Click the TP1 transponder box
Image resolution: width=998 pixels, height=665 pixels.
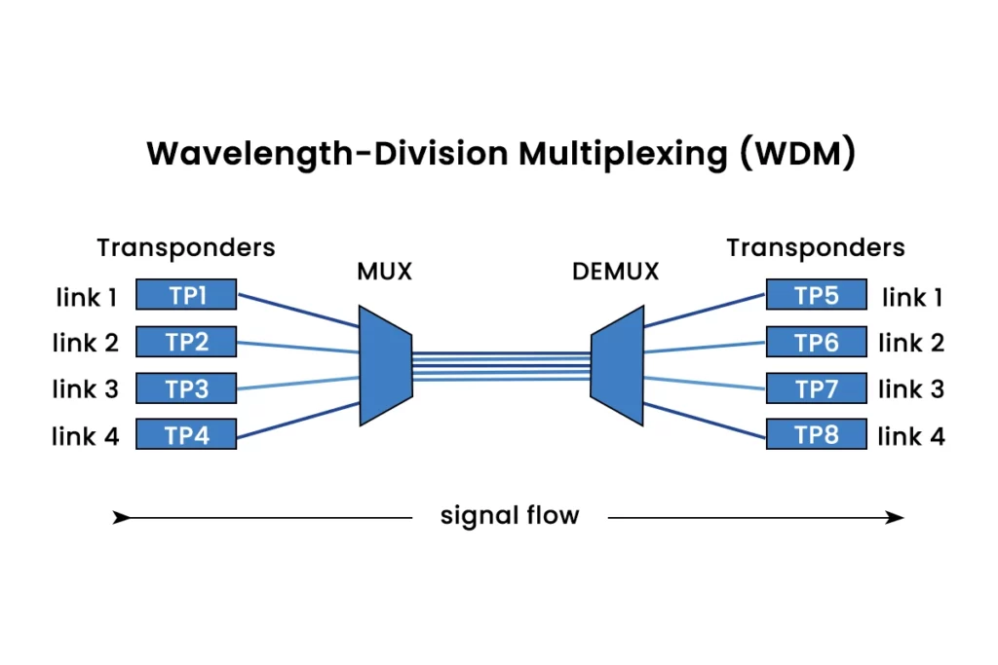(x=186, y=294)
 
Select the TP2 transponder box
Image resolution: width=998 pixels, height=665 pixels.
(x=186, y=341)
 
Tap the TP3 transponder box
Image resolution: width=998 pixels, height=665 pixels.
(x=186, y=388)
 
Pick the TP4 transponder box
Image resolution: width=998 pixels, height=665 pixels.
(x=186, y=434)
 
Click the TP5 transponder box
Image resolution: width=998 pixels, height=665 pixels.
(x=816, y=294)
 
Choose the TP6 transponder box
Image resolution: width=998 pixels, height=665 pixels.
(x=816, y=341)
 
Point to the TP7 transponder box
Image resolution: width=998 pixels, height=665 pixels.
(x=816, y=388)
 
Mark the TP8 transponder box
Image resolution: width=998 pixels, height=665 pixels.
(x=816, y=434)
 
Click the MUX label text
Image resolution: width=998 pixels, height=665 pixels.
(x=384, y=271)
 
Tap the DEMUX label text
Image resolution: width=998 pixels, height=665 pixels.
(x=616, y=271)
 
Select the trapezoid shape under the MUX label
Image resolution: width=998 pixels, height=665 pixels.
(x=385, y=365)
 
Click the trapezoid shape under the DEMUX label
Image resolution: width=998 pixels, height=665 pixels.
(x=618, y=365)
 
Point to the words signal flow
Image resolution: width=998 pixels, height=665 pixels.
(x=510, y=515)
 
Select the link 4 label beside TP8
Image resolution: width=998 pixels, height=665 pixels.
(x=911, y=436)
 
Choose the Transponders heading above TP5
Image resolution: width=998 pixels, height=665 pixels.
(x=816, y=248)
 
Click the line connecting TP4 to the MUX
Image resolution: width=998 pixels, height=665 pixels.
(x=298, y=420)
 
